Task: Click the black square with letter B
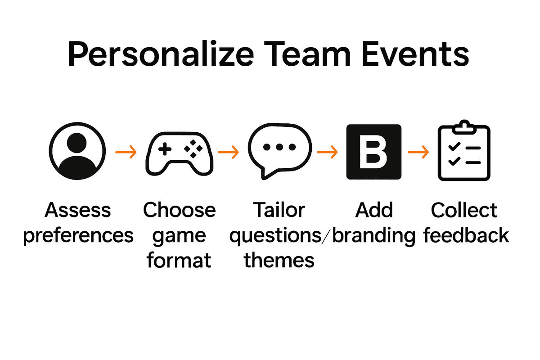tap(373, 152)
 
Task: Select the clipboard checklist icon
tap(464, 152)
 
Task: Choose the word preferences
tap(78, 236)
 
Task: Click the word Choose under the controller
tap(179, 210)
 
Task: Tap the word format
tap(179, 261)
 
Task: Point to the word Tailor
tap(279, 210)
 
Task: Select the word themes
tap(279, 261)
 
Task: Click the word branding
tap(373, 236)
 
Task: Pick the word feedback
tap(466, 236)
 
